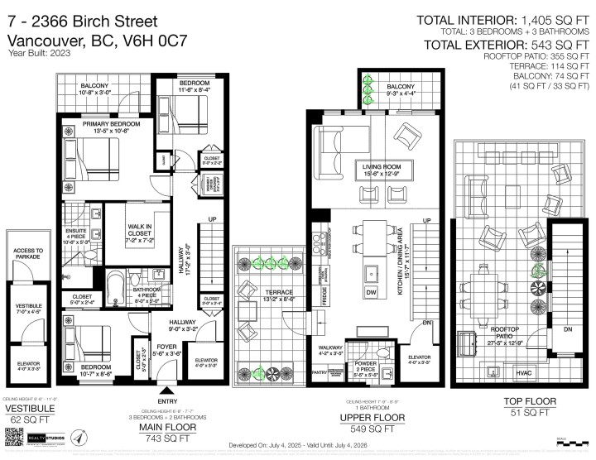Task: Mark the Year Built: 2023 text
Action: click(39, 53)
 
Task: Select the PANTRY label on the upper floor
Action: click(317, 373)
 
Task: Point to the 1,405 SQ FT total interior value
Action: click(546, 20)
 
